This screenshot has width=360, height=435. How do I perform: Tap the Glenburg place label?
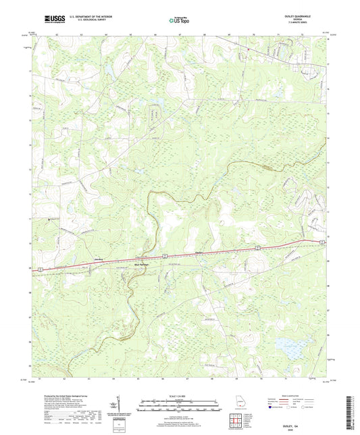[x=98, y=258]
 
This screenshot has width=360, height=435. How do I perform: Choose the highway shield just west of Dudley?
[x=164, y=255]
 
